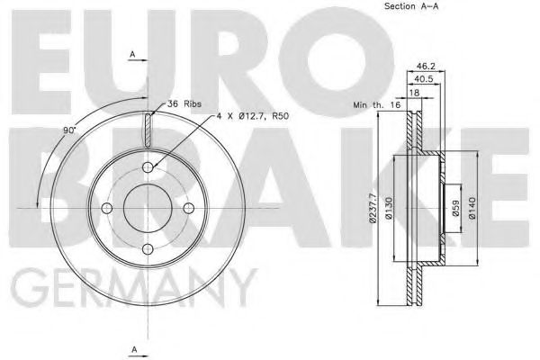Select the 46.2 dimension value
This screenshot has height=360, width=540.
(427, 66)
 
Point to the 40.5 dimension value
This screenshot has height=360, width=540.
(427, 78)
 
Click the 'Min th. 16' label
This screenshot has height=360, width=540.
(377, 105)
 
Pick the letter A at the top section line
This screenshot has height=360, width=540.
(132, 56)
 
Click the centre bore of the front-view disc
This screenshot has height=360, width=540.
(147, 209)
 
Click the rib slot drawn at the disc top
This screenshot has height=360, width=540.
(147, 127)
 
